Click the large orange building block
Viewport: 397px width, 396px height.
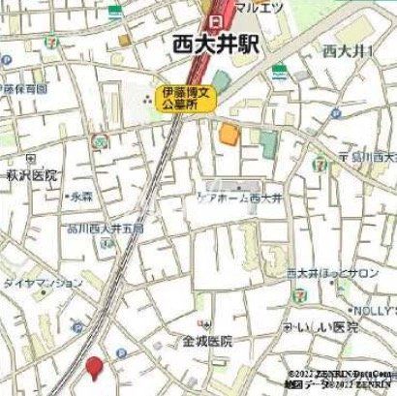point(228,133)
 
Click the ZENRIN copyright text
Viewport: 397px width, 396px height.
point(339,378)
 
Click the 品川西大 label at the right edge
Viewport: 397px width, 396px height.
point(372,157)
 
